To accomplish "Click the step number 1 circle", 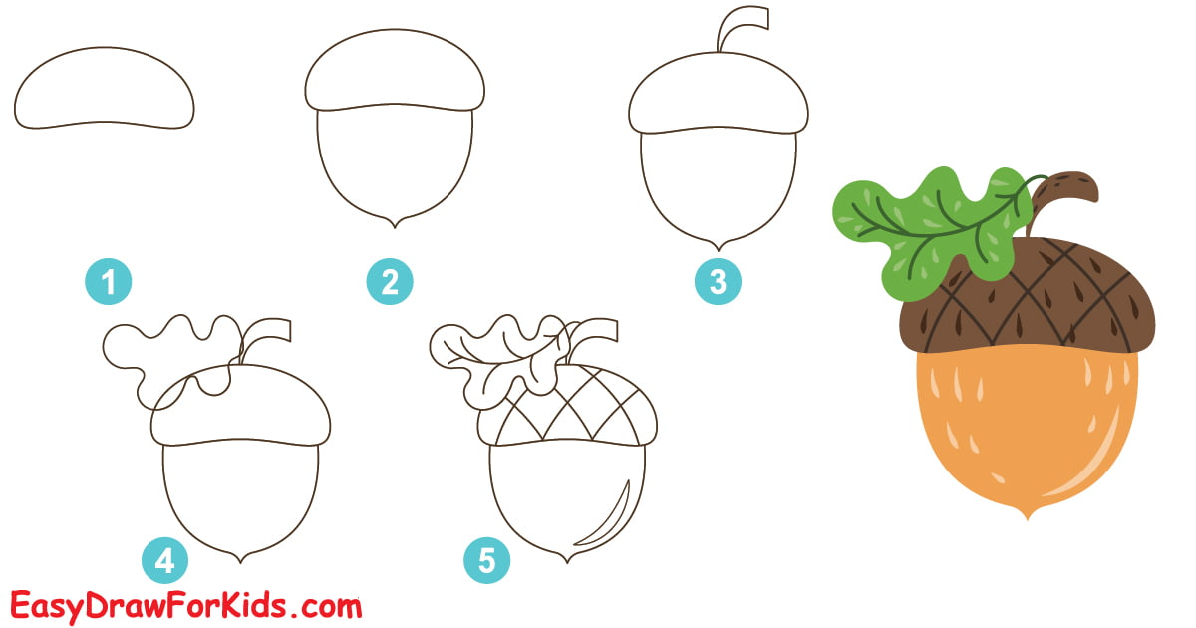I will pos(109,282).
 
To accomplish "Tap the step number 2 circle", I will pos(389,282).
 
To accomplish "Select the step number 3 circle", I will pos(718,282).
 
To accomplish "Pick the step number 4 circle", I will pos(164,560).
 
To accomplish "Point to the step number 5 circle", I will pos(486,560).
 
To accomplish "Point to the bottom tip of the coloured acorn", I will pos(1027,514).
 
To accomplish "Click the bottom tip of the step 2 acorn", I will pos(396,221).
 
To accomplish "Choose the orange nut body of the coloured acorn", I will pos(1027,429).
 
